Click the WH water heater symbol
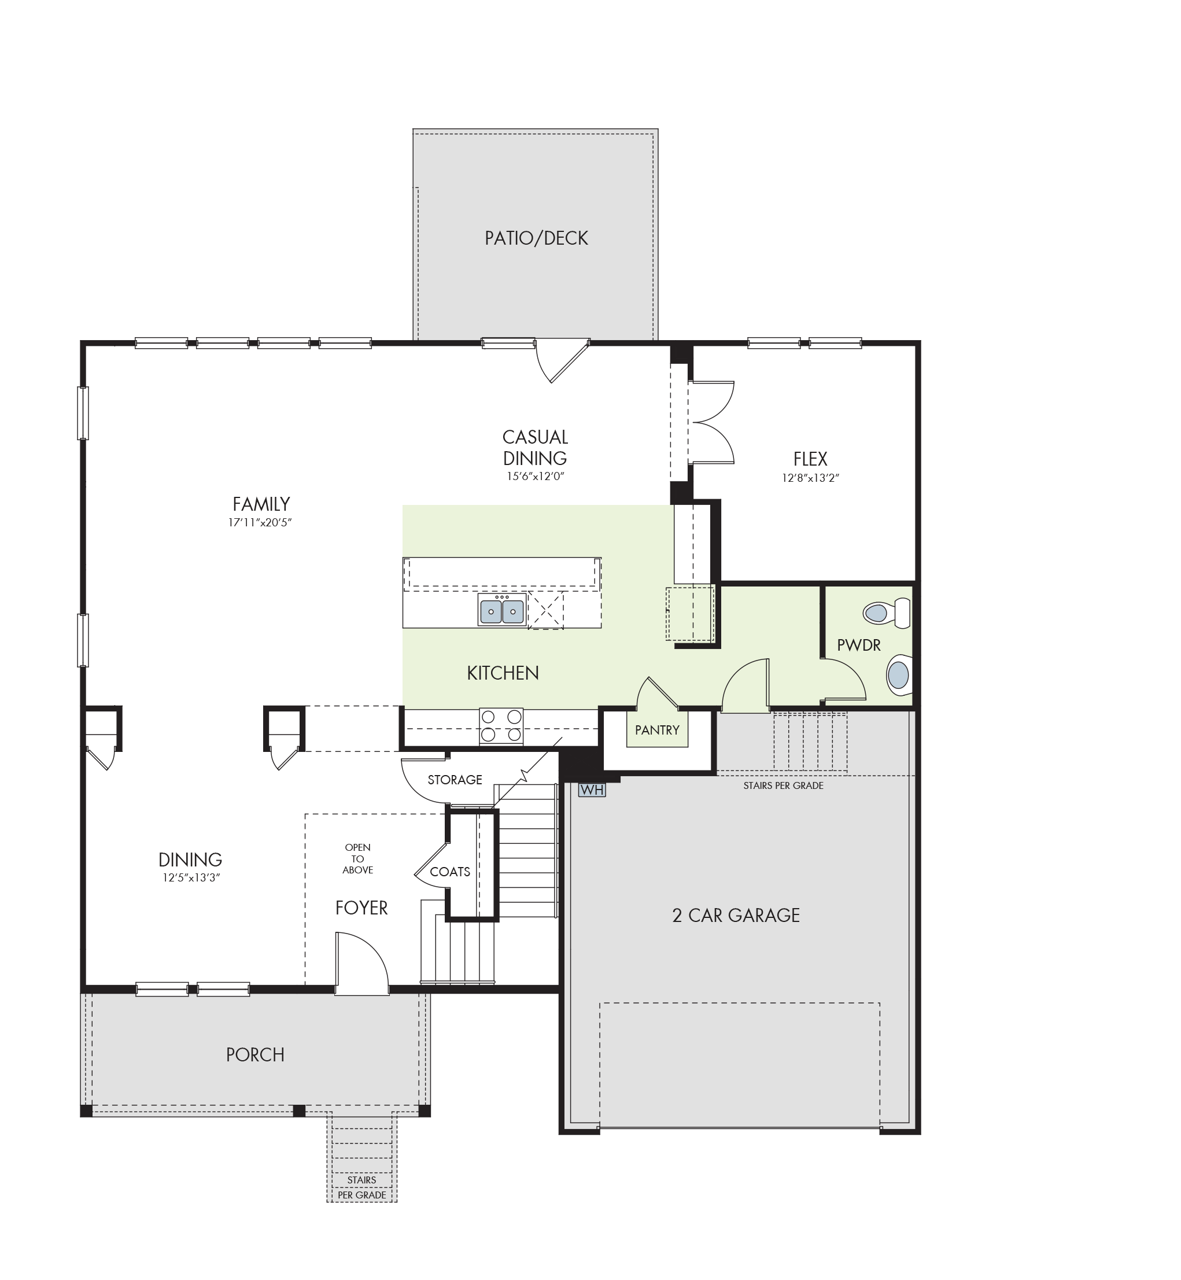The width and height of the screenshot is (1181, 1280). [x=592, y=790]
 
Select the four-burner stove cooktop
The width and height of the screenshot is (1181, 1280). [x=501, y=726]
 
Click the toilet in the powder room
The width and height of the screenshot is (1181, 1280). [x=887, y=614]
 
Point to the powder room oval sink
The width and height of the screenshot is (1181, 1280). [x=899, y=675]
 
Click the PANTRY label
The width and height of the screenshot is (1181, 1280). [x=657, y=731]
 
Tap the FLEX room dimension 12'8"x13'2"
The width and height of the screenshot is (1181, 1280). [x=810, y=478]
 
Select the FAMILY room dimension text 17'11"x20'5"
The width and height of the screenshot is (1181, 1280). [x=260, y=523]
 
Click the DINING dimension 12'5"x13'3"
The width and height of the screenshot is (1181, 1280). [x=191, y=878]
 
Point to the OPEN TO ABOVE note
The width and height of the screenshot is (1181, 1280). [x=358, y=858]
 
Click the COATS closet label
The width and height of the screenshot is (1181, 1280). [x=450, y=872]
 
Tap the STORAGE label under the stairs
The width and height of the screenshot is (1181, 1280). [x=455, y=780]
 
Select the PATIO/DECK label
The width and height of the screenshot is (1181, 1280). [x=536, y=238]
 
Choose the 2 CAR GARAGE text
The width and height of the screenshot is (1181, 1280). [x=736, y=916]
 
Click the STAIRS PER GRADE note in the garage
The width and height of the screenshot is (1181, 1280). [x=784, y=786]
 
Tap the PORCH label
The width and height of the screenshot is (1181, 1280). [x=255, y=1054]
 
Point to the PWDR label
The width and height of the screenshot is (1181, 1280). [x=859, y=645]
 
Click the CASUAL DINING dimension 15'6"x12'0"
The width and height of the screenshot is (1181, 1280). [x=536, y=476]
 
